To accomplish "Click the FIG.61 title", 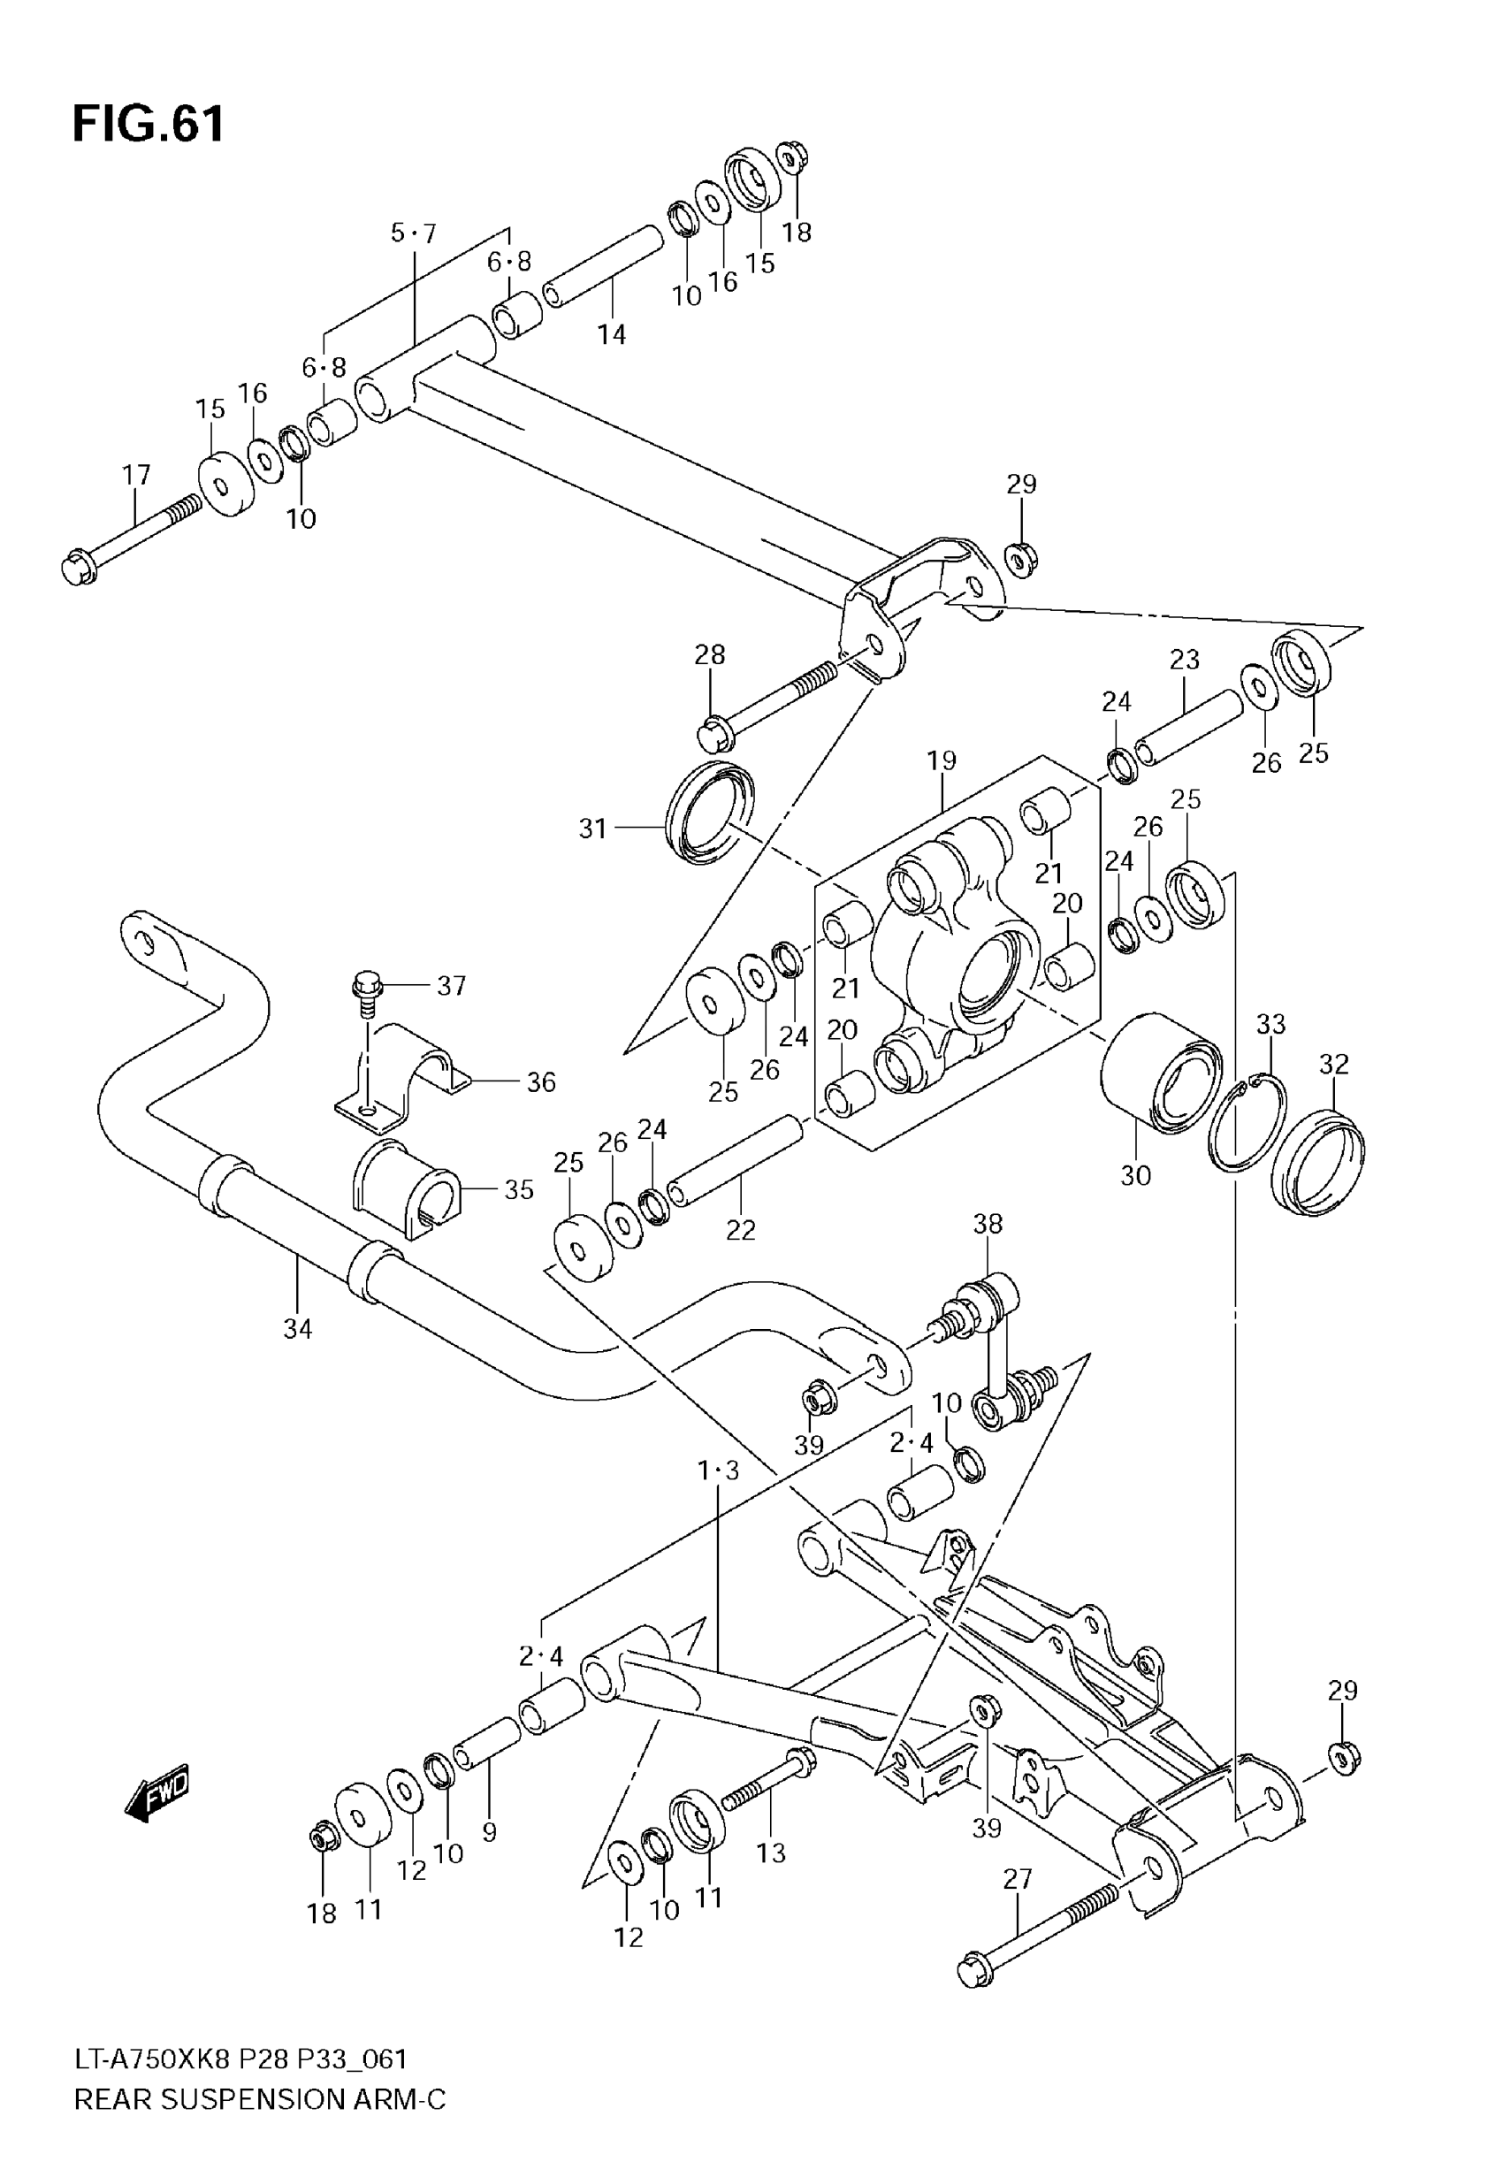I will pyautogui.click(x=149, y=125).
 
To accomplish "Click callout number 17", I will pyautogui.click(x=136, y=475).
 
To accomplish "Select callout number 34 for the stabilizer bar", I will pyautogui.click(x=298, y=1329).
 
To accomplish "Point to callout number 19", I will pyautogui.click(x=941, y=760).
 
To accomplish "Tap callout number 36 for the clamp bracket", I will pyautogui.click(x=540, y=1082).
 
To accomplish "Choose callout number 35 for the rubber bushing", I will pyautogui.click(x=518, y=1189).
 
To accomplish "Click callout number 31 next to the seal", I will pyautogui.click(x=592, y=829).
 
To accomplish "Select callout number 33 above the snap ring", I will pyautogui.click(x=1270, y=1024).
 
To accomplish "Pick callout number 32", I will pyautogui.click(x=1333, y=1064).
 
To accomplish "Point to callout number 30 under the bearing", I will pyautogui.click(x=1135, y=1175).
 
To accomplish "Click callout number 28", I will pyautogui.click(x=710, y=654).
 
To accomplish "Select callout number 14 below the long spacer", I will pyautogui.click(x=611, y=333).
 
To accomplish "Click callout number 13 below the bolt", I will pyautogui.click(x=770, y=1852).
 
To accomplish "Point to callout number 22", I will pyautogui.click(x=740, y=1230).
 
